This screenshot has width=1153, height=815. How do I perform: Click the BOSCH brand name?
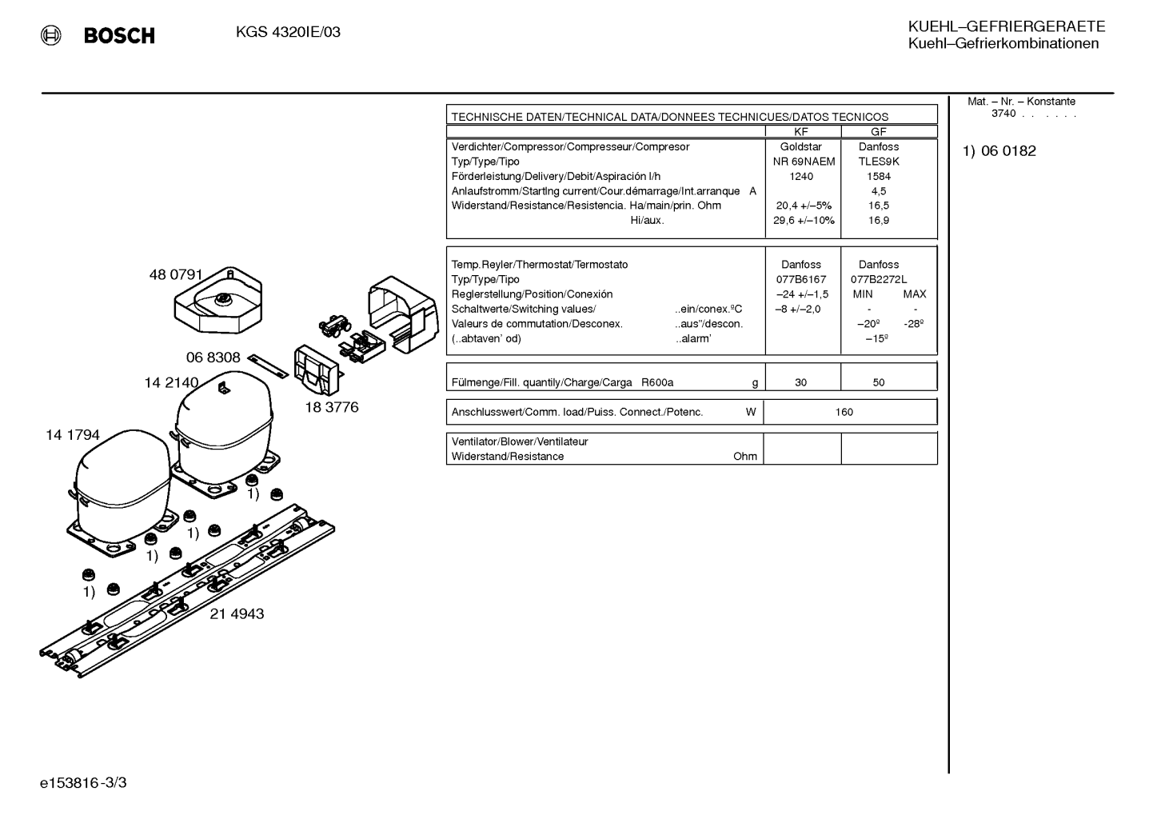click(x=119, y=35)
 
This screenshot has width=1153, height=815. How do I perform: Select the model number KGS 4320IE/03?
click(x=288, y=32)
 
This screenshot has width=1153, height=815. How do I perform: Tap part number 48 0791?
click(x=176, y=274)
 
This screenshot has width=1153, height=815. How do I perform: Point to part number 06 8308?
click(x=213, y=358)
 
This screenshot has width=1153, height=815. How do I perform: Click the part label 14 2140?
click(x=171, y=382)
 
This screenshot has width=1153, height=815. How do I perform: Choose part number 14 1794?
click(x=73, y=435)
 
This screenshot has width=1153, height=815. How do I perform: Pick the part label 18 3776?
click(x=332, y=407)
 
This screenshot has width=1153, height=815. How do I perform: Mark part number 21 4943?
click(x=237, y=613)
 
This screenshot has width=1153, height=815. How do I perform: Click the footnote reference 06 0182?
click(x=1008, y=151)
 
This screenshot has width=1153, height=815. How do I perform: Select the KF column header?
click(x=801, y=132)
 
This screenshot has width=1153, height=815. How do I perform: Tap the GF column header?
click(x=879, y=132)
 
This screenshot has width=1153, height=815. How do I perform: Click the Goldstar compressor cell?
click(x=801, y=146)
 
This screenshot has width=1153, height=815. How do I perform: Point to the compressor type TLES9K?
click(x=879, y=162)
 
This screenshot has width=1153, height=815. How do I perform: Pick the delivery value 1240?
click(x=801, y=177)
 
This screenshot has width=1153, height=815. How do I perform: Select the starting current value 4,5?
click(x=879, y=191)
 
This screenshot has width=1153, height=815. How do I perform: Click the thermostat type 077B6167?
click(x=801, y=280)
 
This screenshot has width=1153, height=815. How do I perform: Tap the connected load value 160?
click(x=844, y=412)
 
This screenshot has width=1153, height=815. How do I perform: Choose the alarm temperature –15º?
click(x=877, y=339)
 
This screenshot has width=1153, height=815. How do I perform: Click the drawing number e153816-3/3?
click(x=83, y=783)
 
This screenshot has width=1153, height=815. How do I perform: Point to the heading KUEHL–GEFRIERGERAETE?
click(x=1007, y=26)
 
